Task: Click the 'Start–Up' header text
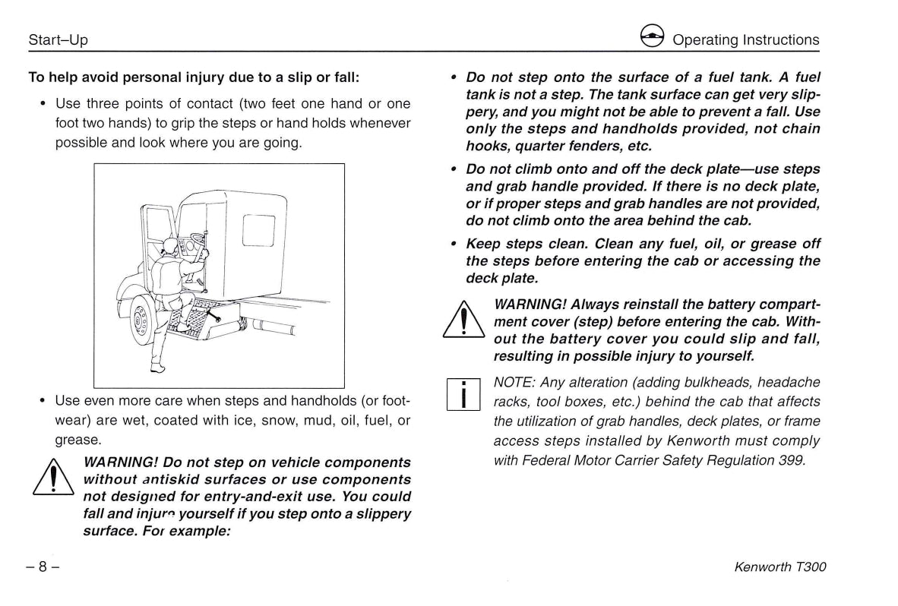[x=58, y=40]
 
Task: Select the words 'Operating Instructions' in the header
[x=745, y=40]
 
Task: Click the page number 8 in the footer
[x=43, y=567]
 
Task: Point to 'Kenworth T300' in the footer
[x=780, y=567]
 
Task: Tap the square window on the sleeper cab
[x=258, y=229]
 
